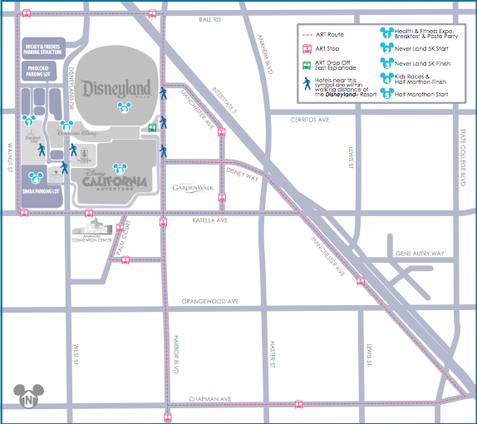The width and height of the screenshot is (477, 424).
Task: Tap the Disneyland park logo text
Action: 116,88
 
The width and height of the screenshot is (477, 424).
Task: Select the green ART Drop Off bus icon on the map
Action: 152,128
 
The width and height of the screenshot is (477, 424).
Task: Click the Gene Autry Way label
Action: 420,254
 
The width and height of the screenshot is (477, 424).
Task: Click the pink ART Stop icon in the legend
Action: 307,48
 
